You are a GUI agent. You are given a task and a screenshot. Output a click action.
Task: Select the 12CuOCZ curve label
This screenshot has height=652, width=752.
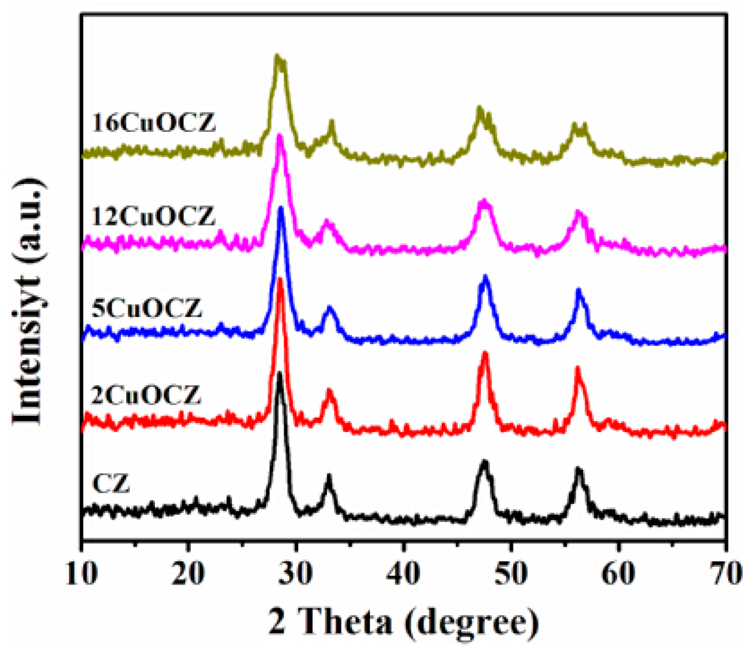(153, 217)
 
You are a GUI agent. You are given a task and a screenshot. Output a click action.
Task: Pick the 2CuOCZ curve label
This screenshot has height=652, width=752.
(146, 396)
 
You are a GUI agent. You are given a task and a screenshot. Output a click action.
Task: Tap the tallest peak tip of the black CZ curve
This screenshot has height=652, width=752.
(280, 373)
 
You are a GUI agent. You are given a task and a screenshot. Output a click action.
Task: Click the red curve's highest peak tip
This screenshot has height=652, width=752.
(280, 278)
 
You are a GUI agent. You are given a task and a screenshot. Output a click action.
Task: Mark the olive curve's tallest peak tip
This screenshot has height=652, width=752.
(278, 55)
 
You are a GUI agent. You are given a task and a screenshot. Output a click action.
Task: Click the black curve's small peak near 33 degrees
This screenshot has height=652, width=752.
(329, 476)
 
